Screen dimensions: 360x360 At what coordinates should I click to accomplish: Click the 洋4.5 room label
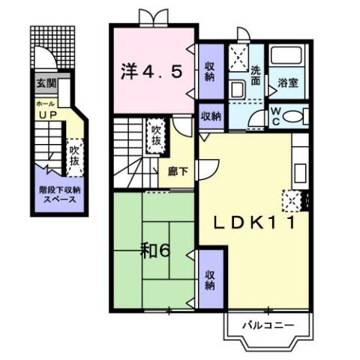click(x=151, y=71)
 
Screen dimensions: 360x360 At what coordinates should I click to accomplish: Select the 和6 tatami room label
click(x=155, y=251)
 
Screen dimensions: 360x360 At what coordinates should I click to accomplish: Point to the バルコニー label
click(x=268, y=325)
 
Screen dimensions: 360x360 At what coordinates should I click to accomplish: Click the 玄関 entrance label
click(x=46, y=83)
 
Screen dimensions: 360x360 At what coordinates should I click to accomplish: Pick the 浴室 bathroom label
click(x=288, y=83)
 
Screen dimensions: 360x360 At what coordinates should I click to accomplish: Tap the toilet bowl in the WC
click(x=292, y=116)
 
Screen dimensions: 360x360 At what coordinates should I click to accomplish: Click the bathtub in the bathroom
click(x=286, y=55)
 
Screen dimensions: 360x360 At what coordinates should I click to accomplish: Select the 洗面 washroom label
click(x=256, y=76)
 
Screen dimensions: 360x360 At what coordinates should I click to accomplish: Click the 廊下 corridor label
click(x=178, y=172)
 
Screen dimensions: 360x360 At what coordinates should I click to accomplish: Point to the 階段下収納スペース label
click(x=60, y=195)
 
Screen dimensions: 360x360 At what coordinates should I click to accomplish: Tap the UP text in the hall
click(x=47, y=115)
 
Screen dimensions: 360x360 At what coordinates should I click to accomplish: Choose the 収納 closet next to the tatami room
click(x=210, y=280)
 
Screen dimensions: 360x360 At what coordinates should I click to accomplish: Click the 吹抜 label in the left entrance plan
click(x=74, y=156)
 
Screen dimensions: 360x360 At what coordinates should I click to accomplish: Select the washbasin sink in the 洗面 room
click(x=238, y=89)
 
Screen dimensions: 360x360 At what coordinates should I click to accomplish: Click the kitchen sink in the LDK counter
click(x=300, y=173)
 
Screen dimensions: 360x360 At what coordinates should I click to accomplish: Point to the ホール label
click(x=45, y=103)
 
